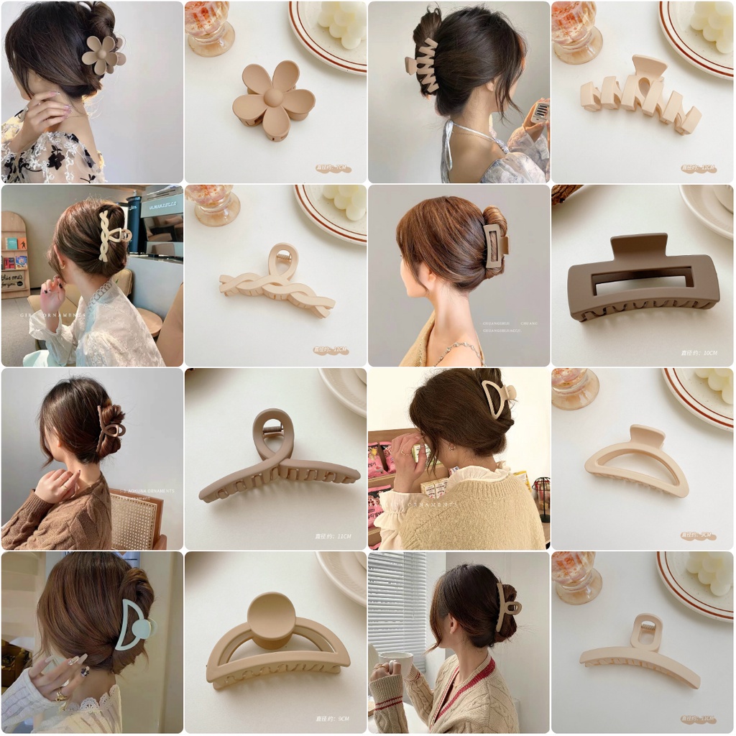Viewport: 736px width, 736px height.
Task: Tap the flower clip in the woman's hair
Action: [x=103, y=55]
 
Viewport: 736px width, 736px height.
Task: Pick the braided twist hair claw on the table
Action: [x=277, y=284]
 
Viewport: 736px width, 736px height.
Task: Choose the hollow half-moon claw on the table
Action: [x=638, y=464]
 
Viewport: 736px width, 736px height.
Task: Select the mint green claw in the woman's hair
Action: [x=134, y=626]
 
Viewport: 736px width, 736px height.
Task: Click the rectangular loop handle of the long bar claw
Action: [x=646, y=631]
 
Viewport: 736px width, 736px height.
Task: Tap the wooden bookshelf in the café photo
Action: [x=15, y=255]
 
